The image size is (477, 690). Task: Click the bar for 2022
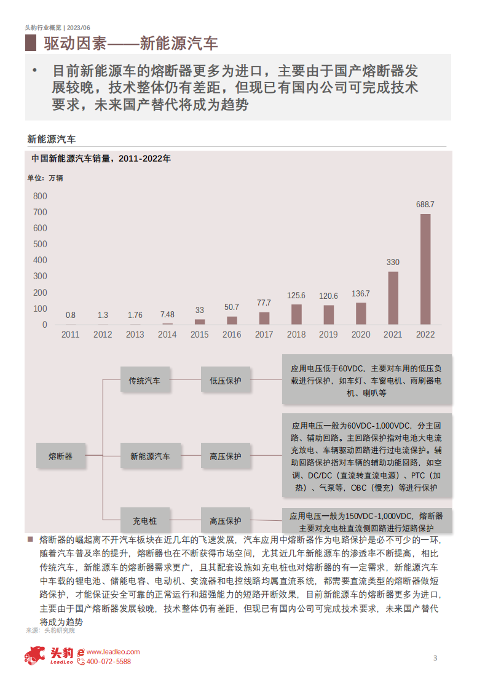click(425, 269)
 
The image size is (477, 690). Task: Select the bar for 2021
click(393, 298)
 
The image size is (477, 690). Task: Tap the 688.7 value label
click(425, 204)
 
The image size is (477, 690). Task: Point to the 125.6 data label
click(296, 295)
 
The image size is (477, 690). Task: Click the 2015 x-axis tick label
click(200, 335)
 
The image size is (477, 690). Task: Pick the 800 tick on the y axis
click(40, 196)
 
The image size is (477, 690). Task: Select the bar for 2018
click(296, 314)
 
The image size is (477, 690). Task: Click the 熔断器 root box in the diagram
click(60, 456)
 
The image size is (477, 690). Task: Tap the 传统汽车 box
click(144, 381)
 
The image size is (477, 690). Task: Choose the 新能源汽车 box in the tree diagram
click(150, 456)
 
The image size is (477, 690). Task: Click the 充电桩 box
click(144, 521)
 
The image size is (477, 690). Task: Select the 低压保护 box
click(225, 381)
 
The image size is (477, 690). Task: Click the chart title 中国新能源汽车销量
click(101, 159)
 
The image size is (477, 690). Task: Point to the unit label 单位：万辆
click(45, 178)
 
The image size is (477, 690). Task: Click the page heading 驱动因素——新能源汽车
click(131, 44)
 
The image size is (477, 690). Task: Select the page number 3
click(435, 659)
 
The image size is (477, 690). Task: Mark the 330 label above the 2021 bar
click(393, 262)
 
